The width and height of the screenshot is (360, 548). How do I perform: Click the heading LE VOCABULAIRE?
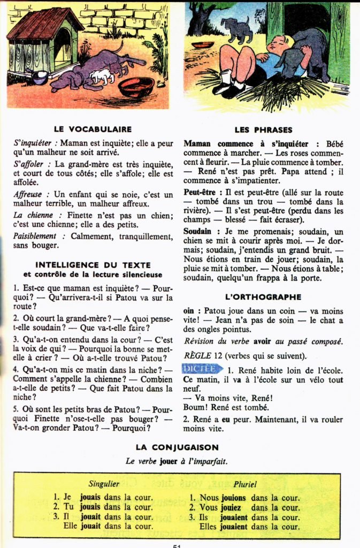tap(93, 129)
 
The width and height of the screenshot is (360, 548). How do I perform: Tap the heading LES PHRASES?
tap(263, 130)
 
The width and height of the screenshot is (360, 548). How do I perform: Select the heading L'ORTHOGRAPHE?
tap(263, 296)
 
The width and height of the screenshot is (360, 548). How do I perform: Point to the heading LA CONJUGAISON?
tap(177, 447)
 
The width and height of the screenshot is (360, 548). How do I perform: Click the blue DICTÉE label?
tap(202, 369)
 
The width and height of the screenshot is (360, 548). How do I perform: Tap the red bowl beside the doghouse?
tap(135, 86)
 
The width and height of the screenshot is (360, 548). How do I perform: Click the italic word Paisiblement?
tap(35, 235)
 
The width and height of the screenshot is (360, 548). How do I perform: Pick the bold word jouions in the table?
tap(231, 498)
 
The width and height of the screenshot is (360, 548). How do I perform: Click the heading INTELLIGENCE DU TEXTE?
tap(93, 264)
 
